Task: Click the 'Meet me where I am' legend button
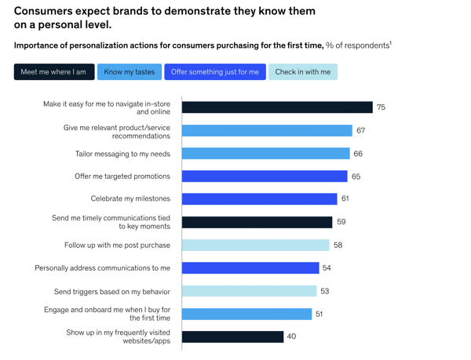(53, 72)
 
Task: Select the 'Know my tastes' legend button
(130, 72)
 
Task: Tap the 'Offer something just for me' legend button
(214, 72)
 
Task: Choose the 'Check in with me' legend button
(303, 72)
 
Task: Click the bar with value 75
(277, 107)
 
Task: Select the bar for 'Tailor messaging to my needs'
(265, 154)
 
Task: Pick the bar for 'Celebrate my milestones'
(259, 199)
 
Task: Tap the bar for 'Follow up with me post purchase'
(255, 245)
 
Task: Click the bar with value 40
(232, 336)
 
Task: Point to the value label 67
(360, 131)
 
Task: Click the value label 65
(356, 176)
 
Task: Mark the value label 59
(341, 222)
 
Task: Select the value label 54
(327, 268)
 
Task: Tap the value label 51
(319, 314)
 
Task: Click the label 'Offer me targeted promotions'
(122, 176)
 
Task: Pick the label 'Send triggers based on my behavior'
(112, 291)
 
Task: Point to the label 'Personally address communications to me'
(102, 268)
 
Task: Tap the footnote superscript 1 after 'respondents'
(390, 42)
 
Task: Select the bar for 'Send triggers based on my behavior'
(249, 291)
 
